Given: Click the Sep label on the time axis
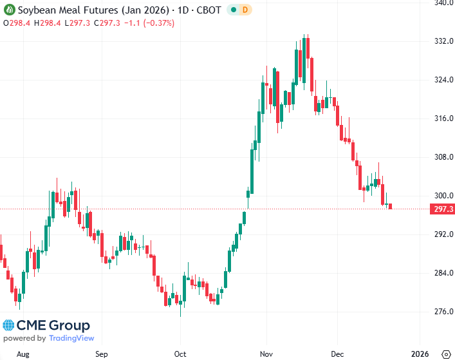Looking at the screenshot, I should point(101,354).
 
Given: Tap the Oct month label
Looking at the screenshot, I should point(180,354).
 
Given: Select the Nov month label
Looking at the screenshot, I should point(266,354).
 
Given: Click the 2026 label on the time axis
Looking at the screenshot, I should point(420,354).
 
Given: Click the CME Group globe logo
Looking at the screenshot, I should point(10,325).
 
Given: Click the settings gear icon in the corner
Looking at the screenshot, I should point(445,354).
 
